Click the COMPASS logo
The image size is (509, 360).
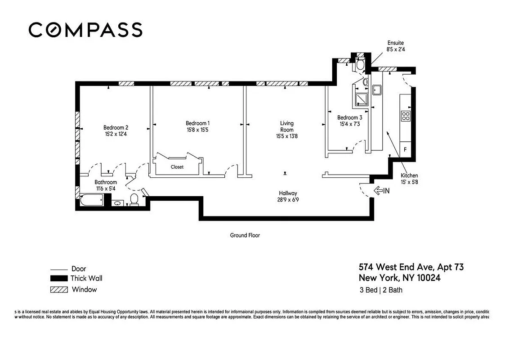pos(85,30)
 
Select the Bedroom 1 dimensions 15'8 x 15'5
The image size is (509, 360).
pos(197,130)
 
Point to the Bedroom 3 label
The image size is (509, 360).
pos(349,118)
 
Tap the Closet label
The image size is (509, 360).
pos(177,167)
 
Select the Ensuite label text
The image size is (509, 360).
pos(396,43)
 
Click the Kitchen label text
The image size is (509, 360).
pos(409,175)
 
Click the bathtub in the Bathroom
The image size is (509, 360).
pos(92,200)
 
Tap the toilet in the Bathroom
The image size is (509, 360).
pos(134,199)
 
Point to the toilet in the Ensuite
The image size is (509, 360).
pos(360,64)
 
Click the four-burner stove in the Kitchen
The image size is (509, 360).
pos(406,116)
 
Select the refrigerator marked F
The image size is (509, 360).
pos(405,149)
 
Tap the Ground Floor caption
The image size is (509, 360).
pos(245,235)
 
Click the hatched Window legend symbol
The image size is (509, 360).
pos(59,290)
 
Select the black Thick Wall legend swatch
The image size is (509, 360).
pos(58,279)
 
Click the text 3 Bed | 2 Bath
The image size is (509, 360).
pos(381,290)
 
